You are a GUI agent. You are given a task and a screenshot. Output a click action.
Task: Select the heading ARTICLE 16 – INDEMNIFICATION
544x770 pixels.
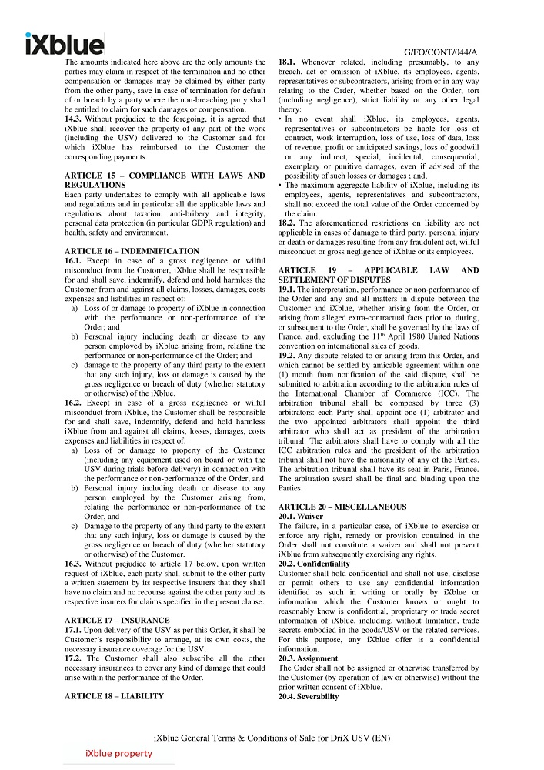point(132,251)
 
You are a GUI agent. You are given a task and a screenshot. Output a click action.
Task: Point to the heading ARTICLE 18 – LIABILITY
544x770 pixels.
point(114,696)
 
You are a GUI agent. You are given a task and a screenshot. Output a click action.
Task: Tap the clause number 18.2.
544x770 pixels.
point(288,223)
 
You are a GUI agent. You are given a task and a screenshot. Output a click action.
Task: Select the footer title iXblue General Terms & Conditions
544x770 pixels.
point(272,737)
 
